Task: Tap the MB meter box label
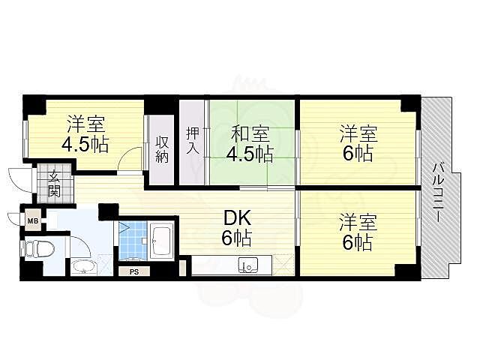(x=33, y=220)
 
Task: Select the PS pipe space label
(x=134, y=271)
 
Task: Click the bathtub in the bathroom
(x=162, y=240)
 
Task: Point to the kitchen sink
(x=247, y=265)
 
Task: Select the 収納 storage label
(x=162, y=148)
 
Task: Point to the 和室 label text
(x=250, y=135)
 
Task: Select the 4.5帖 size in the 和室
(x=250, y=155)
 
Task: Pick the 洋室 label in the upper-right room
(x=357, y=135)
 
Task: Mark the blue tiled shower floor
(x=132, y=240)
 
